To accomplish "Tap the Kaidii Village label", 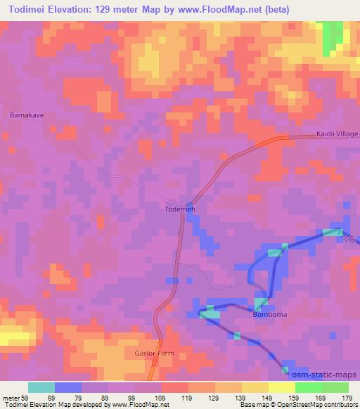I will (336, 134).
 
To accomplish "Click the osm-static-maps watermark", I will (327, 375).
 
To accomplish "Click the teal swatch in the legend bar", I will (41, 387).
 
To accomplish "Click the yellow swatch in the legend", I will (281, 387).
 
